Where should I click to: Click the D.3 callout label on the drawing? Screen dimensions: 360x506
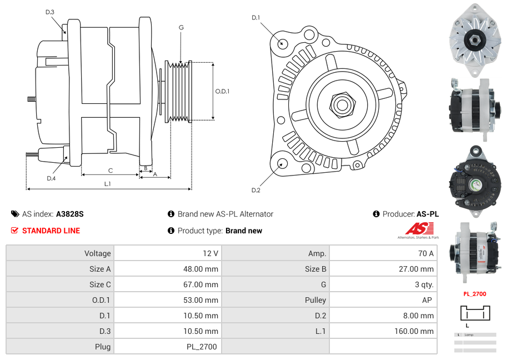click(49, 12)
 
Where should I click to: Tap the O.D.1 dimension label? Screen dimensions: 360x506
click(222, 91)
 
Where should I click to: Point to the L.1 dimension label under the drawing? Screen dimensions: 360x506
click(107, 184)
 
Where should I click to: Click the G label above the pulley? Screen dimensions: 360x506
click(181, 27)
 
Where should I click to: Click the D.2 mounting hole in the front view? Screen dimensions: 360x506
click(282, 163)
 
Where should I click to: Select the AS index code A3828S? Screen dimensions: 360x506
click(69, 214)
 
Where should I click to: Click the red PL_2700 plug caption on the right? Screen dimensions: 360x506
click(475, 294)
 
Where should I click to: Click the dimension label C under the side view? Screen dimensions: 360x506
click(111, 171)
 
